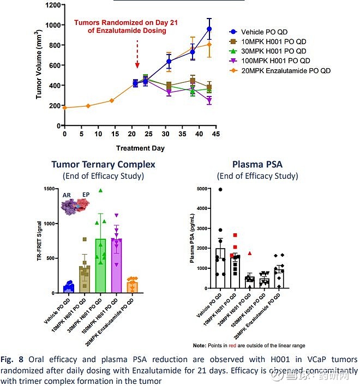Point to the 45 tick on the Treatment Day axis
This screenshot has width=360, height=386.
[x=215, y=134]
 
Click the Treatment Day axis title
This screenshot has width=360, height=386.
[x=140, y=148]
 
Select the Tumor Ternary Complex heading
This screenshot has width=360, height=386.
[x=103, y=164]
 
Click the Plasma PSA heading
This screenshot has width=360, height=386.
[x=257, y=164]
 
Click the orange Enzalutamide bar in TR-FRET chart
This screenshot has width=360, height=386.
[x=131, y=287]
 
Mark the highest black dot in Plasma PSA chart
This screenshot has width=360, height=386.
[x=220, y=190]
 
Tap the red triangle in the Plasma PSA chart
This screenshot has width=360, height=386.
[x=249, y=253]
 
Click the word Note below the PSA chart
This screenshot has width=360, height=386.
[x=199, y=346]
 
